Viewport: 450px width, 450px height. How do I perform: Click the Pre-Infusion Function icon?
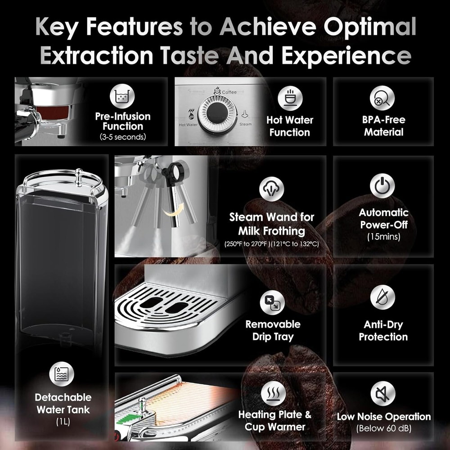tap(122, 97)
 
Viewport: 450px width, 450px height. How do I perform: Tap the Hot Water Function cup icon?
tap(289, 98)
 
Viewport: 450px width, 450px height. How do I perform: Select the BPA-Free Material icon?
tap(382, 98)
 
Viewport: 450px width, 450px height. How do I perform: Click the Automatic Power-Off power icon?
tap(382, 186)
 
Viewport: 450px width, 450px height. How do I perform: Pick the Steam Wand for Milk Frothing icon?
tap(272, 189)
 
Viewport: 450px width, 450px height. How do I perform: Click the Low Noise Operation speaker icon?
tap(382, 393)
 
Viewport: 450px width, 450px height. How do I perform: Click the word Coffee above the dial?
tap(229, 92)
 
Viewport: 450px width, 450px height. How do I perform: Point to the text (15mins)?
tap(383, 236)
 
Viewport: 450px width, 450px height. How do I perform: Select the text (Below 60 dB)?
tap(384, 428)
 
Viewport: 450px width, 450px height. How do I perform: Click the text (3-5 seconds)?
tap(122, 137)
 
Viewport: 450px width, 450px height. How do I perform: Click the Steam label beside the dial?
tap(245, 124)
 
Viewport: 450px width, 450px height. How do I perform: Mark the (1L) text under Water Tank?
tap(63, 422)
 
